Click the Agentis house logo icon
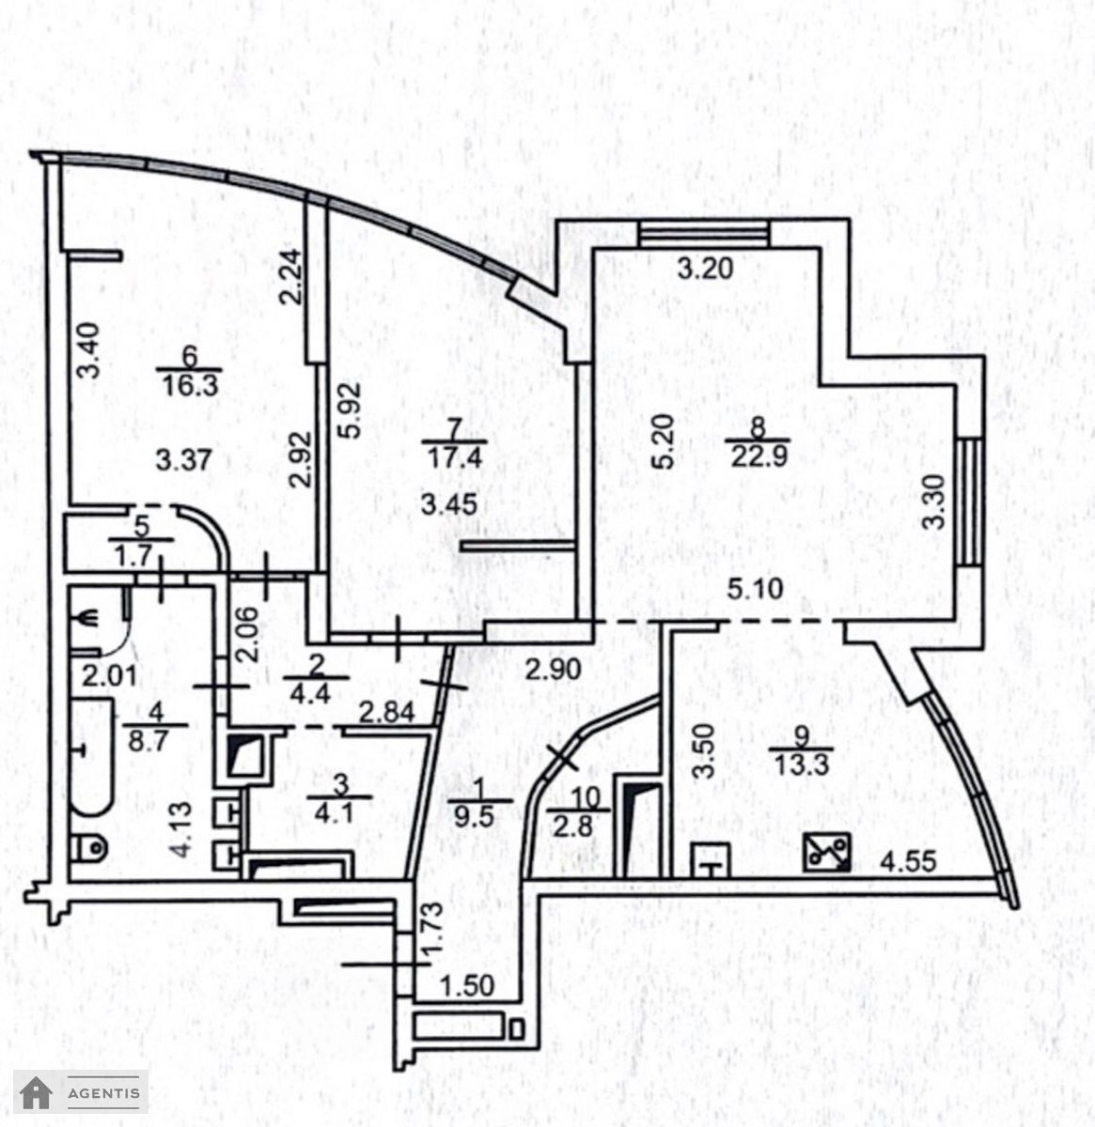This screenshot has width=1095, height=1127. (36, 1093)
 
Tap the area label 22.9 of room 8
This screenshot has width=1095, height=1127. (759, 457)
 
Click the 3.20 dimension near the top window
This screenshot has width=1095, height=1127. (706, 269)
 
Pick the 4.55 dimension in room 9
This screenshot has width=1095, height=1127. (908, 862)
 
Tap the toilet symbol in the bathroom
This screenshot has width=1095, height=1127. (91, 849)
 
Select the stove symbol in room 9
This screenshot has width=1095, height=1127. (826, 853)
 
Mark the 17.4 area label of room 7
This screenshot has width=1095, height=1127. (455, 458)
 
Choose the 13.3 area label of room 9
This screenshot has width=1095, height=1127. (802, 765)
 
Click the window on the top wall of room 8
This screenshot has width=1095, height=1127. (705, 234)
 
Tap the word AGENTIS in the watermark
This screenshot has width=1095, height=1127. (103, 1093)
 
